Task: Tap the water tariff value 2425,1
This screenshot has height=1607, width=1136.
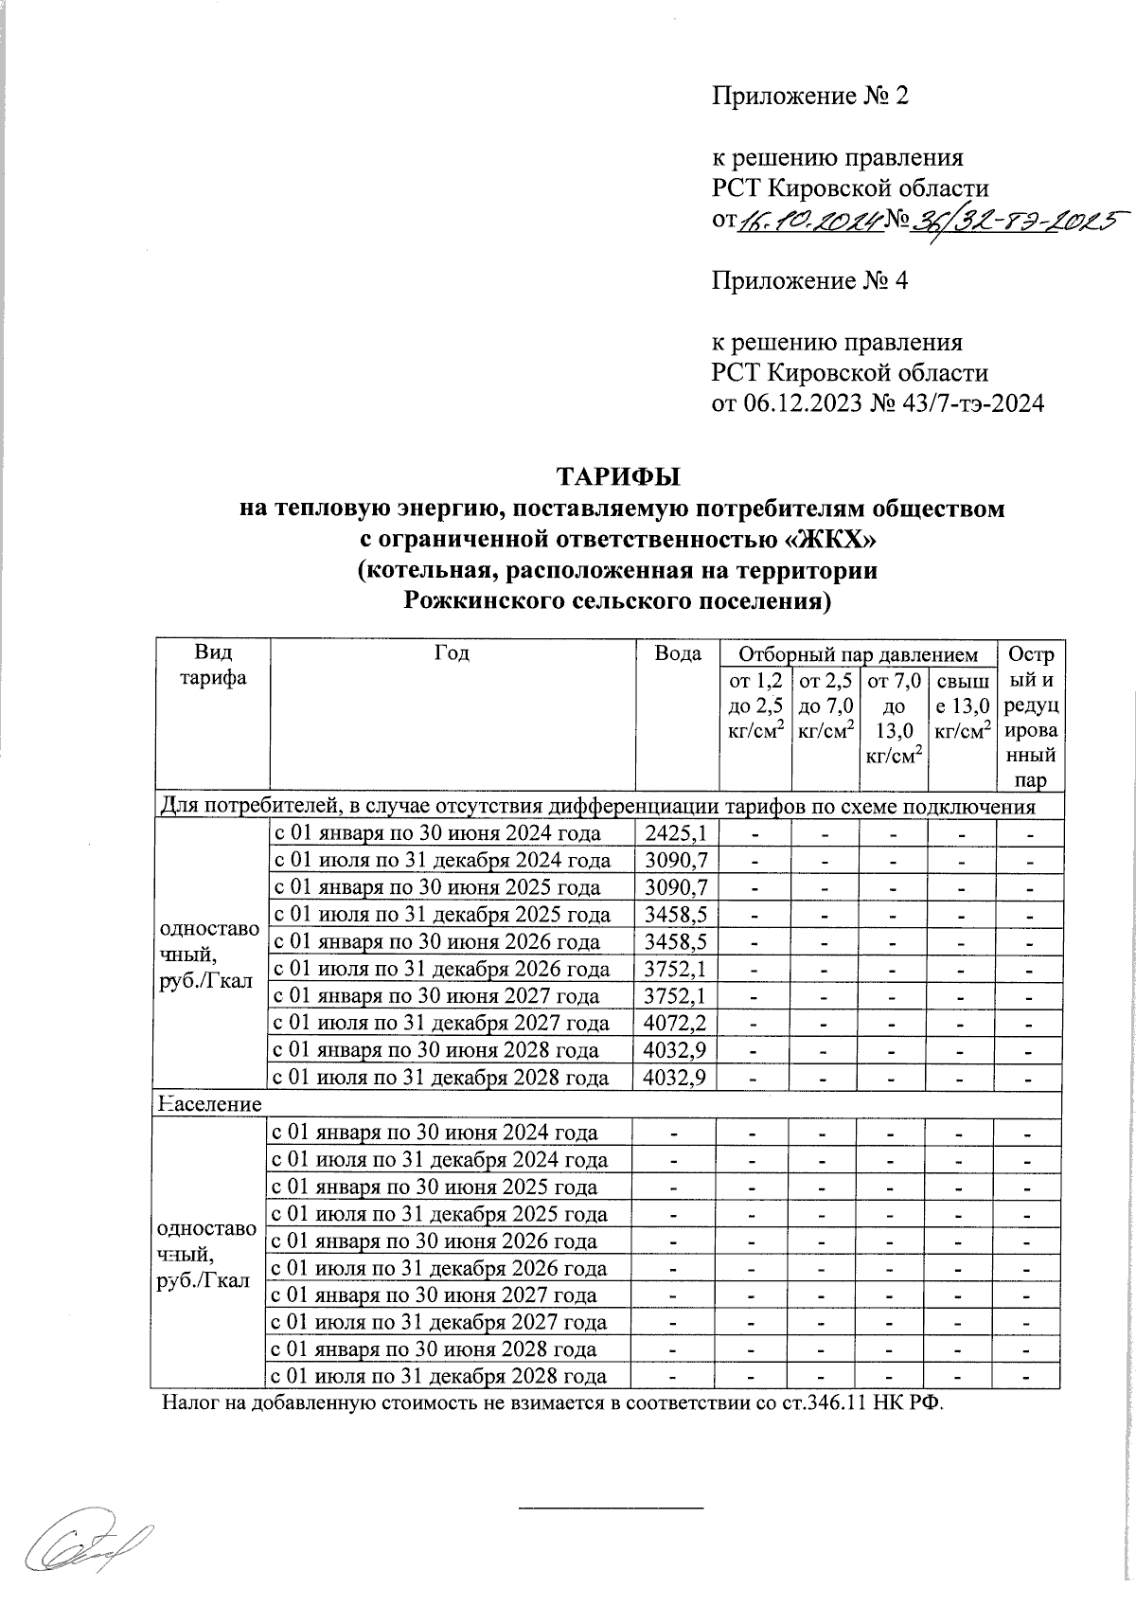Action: click(673, 834)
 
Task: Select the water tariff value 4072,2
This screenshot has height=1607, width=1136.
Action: click(673, 1024)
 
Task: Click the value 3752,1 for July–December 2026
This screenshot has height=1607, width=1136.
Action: click(673, 970)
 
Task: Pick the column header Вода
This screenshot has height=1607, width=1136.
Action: click(678, 654)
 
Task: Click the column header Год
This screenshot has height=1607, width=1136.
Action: click(452, 654)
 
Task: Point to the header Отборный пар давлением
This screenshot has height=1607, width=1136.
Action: click(858, 654)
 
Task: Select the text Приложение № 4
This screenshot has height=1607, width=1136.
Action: click(809, 280)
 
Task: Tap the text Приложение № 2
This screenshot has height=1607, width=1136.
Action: click(809, 96)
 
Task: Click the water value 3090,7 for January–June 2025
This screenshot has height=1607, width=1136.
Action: click(673, 888)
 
